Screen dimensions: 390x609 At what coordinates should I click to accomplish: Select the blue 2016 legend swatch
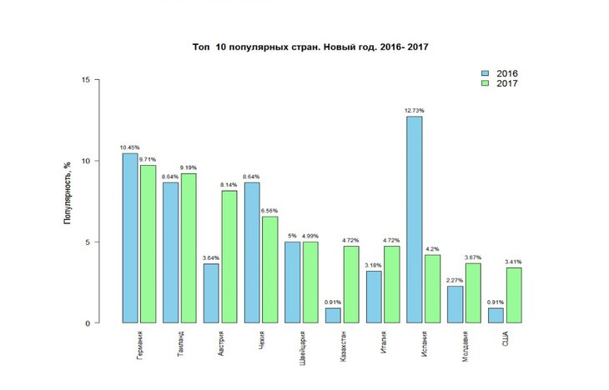[486, 72]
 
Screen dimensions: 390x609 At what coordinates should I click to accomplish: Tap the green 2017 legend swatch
[486, 84]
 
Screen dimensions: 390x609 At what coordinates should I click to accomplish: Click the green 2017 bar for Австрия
[229, 257]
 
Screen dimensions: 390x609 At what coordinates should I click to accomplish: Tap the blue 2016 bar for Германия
[130, 237]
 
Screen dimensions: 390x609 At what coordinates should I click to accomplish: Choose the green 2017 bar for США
[513, 295]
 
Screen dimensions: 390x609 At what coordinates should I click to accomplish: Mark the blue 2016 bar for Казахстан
[334, 315]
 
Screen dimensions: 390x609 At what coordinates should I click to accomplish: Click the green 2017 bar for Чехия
[269, 269]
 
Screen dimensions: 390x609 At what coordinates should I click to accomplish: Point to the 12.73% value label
[415, 110]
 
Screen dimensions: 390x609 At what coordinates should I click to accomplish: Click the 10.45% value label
[129, 147]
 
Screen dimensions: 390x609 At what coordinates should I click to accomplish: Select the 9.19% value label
[189, 167]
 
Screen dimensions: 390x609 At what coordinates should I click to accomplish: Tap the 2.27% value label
[455, 280]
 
